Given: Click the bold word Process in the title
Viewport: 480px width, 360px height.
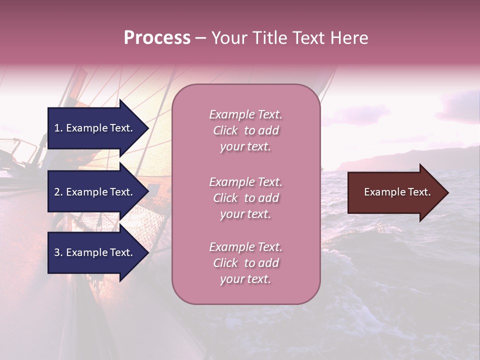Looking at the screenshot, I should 157,38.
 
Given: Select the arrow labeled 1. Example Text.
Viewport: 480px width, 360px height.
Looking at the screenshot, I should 95,128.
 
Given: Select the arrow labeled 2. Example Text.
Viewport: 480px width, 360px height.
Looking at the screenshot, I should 95,192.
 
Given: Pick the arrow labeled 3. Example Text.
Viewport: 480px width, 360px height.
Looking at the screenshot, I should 95,252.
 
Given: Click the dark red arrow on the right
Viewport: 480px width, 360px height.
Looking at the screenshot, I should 395,192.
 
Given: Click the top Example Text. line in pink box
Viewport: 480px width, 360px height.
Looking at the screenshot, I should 245,114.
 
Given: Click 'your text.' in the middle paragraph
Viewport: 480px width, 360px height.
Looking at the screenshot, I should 245,214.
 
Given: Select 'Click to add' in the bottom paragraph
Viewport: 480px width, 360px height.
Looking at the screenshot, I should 245,263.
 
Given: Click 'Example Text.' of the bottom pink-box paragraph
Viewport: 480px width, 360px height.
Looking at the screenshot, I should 245,247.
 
